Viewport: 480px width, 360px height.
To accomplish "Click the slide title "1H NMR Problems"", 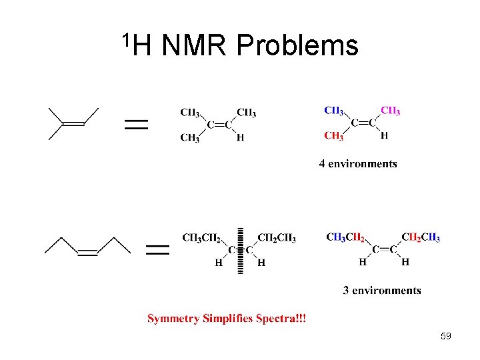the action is [240, 45].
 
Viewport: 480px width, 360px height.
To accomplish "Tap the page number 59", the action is [446, 336].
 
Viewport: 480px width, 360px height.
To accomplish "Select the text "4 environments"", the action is [358, 164].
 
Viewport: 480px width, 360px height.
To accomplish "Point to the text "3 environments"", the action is [382, 290].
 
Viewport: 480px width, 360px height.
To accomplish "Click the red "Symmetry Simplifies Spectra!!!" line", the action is [227, 319].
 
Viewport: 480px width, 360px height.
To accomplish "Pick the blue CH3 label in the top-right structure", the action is [334, 111].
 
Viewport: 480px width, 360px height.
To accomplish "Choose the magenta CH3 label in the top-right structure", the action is [391, 111].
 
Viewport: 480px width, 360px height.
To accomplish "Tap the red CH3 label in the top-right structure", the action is [334, 137].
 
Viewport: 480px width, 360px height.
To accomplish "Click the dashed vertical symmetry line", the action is [240, 250].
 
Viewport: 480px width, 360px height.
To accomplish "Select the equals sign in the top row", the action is [136, 124].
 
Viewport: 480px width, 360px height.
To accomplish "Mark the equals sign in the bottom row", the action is [157, 250].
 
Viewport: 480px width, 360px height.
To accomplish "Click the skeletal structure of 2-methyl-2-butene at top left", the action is [73, 123].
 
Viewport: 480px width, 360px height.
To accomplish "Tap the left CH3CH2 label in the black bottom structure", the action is [201, 237].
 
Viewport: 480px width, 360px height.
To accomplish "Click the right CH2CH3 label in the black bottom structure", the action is [277, 237].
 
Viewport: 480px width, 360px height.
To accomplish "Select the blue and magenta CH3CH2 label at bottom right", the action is [345, 237].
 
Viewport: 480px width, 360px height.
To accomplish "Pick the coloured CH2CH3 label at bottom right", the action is [421, 237].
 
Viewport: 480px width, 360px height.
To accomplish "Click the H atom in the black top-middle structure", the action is [240, 138].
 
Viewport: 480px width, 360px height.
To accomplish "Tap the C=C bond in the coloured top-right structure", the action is [363, 123].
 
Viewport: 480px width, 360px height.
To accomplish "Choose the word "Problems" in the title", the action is [297, 45].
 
